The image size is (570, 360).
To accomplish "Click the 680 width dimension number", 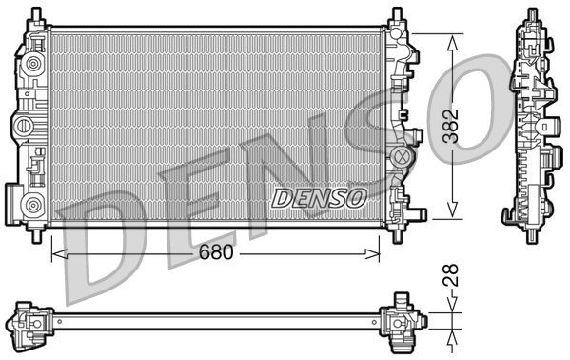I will click(x=217, y=254).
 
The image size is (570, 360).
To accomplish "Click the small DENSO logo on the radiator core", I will click(x=320, y=198).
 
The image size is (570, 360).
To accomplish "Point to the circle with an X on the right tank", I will click(x=402, y=154).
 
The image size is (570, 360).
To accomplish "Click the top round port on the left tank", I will click(x=34, y=64).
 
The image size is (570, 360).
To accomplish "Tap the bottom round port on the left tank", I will click(x=34, y=202).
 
